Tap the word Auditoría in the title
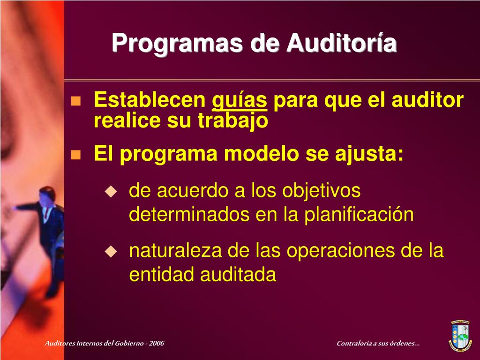[342, 44]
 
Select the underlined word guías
[240, 101]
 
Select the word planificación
[359, 215]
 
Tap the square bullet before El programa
[75, 155]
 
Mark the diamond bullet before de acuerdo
[111, 191]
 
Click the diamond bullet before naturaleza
[111, 251]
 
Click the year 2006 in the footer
[157, 344]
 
